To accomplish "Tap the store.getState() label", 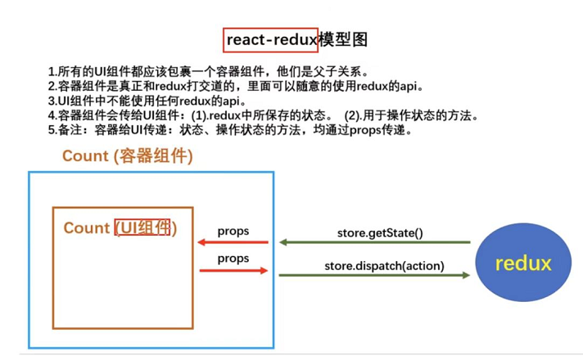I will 380,232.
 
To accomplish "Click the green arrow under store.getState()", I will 374,243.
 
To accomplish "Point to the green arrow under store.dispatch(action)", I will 374,275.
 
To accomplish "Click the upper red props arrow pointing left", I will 233,243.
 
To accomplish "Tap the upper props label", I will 233,232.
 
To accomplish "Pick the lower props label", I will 233,259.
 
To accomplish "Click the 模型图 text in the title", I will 338,38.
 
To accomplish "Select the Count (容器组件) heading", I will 127,156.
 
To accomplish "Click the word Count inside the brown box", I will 86,227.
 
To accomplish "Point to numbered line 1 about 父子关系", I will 213,71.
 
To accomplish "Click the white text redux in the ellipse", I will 523,264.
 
